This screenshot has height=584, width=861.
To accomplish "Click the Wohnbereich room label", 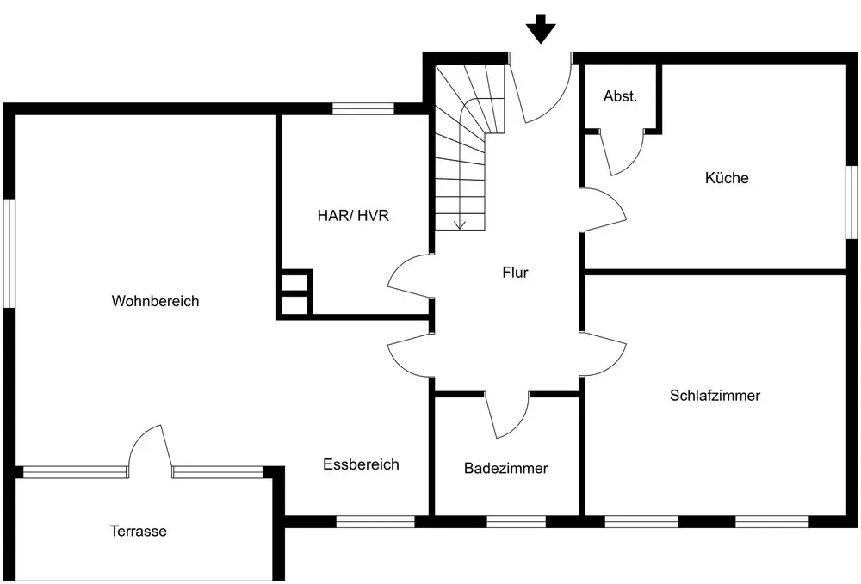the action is (155, 301).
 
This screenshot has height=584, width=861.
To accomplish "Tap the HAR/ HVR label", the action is (353, 215).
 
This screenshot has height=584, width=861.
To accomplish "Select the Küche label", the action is (727, 178).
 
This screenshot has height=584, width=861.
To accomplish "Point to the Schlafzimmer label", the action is (715, 396).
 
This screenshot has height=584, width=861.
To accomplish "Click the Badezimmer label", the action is (505, 469).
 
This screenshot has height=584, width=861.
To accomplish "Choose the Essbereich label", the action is (361, 464).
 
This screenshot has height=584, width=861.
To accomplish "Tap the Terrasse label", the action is (138, 531).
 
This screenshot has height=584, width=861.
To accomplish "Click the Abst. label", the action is (620, 96).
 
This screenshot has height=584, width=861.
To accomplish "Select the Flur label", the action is (515, 273).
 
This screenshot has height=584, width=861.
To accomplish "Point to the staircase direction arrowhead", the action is (460, 224).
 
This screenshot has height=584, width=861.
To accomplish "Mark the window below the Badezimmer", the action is (516, 520).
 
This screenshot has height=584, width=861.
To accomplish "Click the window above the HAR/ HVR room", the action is (362, 108).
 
